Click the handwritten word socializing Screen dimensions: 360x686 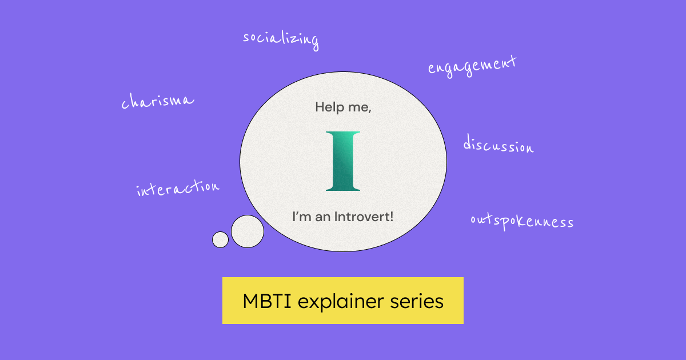[281, 39]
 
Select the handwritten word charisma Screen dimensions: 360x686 [157, 101]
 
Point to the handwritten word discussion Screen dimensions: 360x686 [498, 145]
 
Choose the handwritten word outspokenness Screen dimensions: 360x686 [521, 221]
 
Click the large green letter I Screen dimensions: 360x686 [343, 161]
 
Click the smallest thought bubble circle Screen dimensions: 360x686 [220, 239]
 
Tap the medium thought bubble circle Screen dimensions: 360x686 [248, 231]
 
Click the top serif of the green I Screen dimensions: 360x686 [343, 134]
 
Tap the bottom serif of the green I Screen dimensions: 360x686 [343, 187]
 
